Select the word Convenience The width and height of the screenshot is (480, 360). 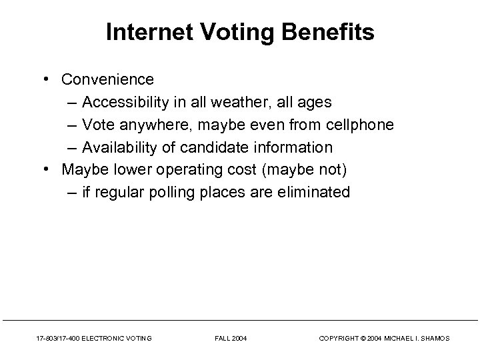(107, 79)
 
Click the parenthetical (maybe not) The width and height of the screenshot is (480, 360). (304, 170)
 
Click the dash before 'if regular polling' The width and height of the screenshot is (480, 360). (72, 193)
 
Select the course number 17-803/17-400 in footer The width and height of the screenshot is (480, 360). (55, 339)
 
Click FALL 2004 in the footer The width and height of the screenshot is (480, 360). (231, 339)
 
